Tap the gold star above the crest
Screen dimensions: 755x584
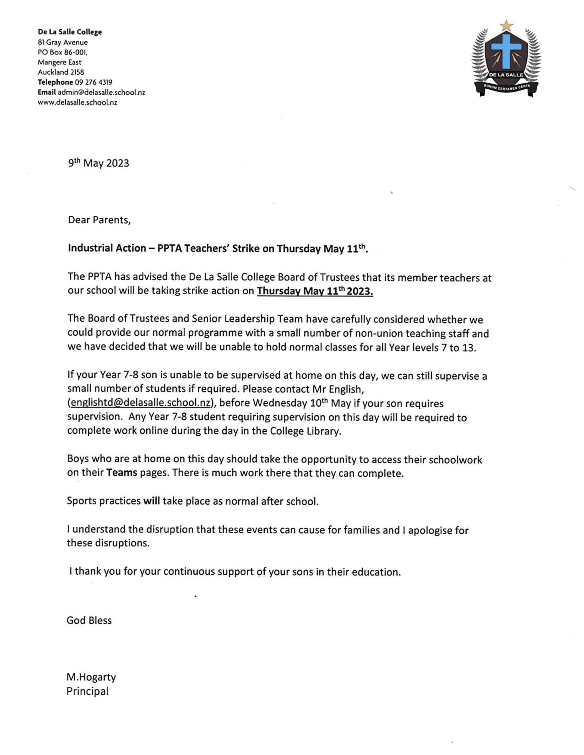[x=506, y=25]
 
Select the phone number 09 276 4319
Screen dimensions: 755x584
[x=94, y=82]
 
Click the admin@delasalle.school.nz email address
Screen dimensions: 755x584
[x=101, y=92]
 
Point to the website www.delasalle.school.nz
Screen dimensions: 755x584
[x=78, y=102]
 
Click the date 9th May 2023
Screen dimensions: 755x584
[x=98, y=163]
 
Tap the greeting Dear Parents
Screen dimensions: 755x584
[x=99, y=220]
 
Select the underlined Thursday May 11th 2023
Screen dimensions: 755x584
[x=315, y=291]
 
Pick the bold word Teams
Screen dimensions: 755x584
[x=121, y=473]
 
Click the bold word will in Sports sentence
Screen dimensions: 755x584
[x=151, y=501]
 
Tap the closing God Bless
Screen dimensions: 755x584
[x=89, y=620]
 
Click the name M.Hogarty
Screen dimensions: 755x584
[x=91, y=677]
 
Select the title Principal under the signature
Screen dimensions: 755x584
[x=87, y=691]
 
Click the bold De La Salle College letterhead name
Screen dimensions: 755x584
[x=70, y=32]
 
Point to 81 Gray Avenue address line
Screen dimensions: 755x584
[x=63, y=42]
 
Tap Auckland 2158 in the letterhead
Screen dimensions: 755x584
[x=61, y=72]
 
